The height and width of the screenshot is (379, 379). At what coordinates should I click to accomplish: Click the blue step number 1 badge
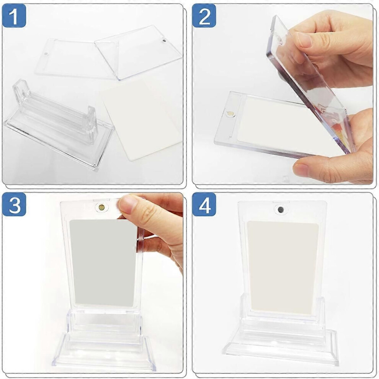click(x=14, y=16)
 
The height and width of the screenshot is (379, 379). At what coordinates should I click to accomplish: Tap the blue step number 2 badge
click(x=204, y=16)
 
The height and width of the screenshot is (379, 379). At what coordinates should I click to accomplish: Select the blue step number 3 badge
click(x=14, y=204)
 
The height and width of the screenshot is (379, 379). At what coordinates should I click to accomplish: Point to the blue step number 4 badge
click(x=204, y=204)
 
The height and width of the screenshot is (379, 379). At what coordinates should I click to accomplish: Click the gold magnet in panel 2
click(x=230, y=113)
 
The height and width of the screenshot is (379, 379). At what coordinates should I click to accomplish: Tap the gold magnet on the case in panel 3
click(x=101, y=207)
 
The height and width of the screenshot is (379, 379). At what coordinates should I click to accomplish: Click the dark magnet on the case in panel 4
click(x=280, y=209)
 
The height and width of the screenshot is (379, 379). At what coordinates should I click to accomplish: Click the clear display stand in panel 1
click(x=58, y=123)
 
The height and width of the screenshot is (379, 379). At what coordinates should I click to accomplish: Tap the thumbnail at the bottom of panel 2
click(x=301, y=169)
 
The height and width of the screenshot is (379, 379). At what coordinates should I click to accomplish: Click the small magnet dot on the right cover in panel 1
click(x=165, y=40)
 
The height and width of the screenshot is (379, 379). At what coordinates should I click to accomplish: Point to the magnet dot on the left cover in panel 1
click(x=46, y=54)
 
